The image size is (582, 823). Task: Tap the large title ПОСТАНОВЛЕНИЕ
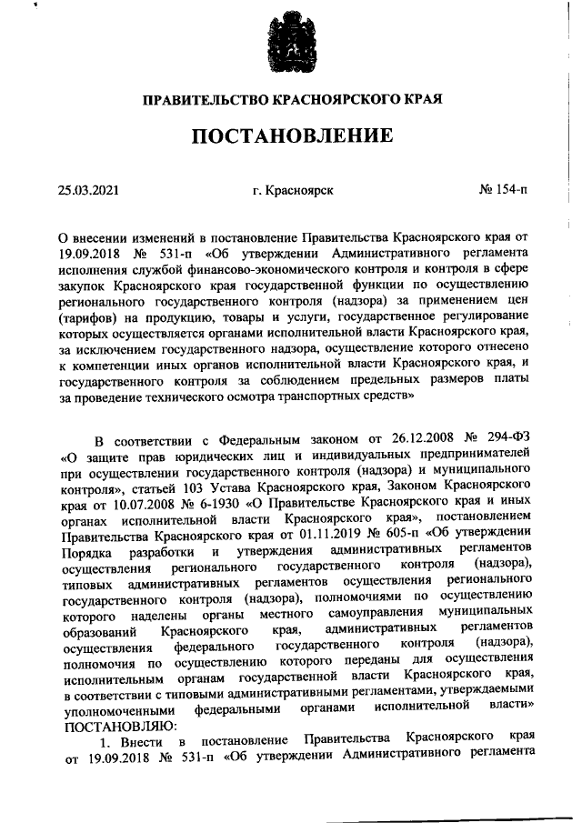tap(291, 137)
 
